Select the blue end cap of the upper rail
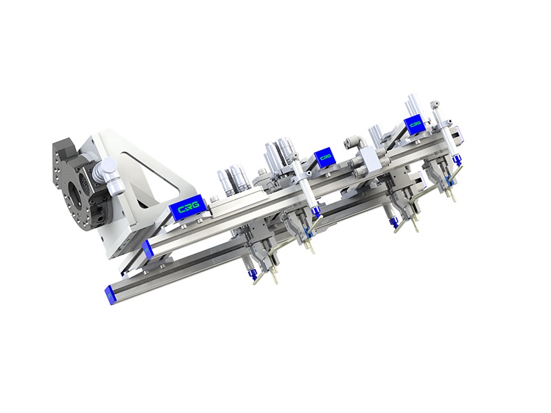(147, 250)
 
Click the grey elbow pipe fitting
(355, 142)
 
